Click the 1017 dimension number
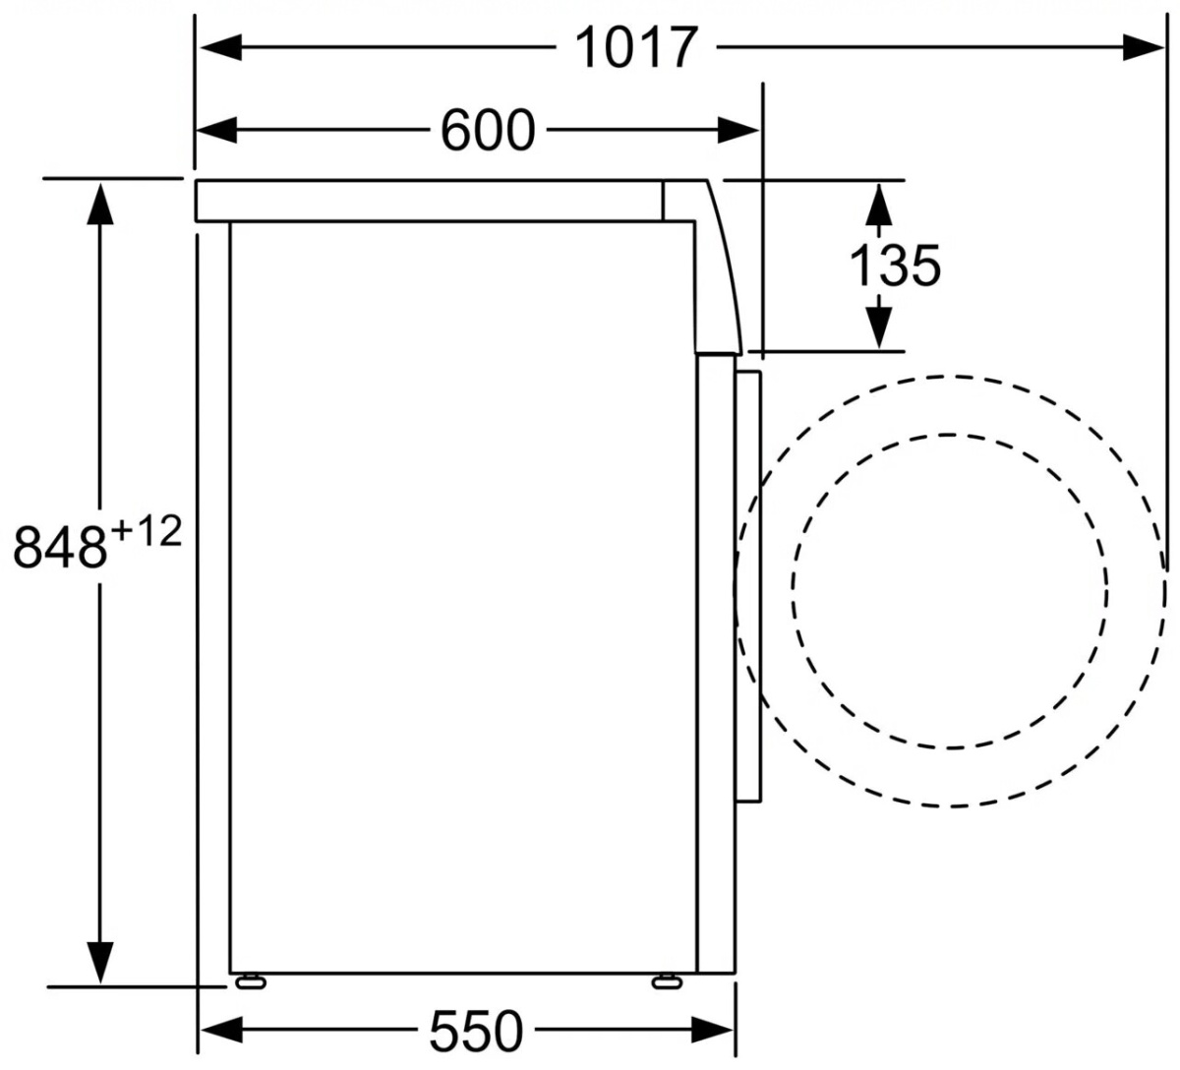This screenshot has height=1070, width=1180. click(636, 47)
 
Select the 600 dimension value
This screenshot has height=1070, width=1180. click(488, 130)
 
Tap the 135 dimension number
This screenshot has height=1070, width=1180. click(895, 266)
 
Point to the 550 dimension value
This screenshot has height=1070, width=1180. click(476, 1032)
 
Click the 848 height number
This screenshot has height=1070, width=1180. click(59, 548)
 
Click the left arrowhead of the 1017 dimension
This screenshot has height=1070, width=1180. click(220, 47)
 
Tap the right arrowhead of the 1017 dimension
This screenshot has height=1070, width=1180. click(1143, 47)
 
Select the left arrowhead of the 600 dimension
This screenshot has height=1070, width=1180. click(216, 130)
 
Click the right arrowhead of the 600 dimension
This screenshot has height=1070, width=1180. click(738, 130)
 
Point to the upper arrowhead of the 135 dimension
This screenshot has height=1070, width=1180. click(879, 205)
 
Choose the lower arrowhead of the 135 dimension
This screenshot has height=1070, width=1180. click(879, 327)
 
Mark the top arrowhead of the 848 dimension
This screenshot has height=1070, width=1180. click(100, 204)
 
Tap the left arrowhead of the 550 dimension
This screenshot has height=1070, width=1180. click(222, 1031)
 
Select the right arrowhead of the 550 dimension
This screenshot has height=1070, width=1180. click(713, 1031)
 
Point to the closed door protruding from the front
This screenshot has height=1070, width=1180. click(747, 586)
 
